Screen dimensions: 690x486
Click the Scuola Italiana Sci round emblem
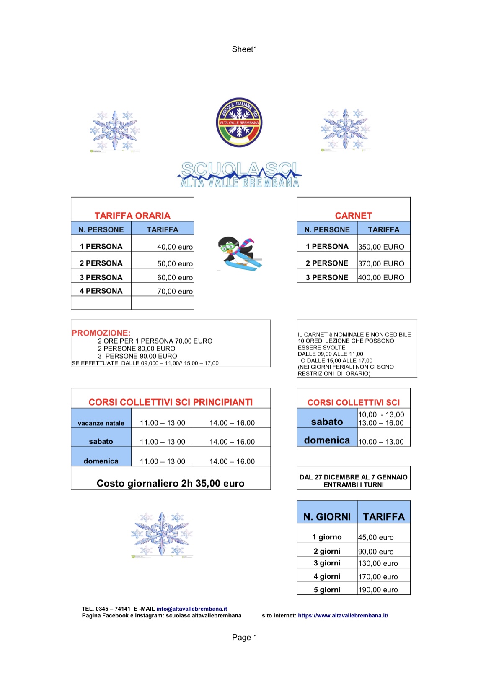[239, 122]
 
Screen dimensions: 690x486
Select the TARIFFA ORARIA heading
[132, 216]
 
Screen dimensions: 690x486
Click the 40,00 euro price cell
[175, 247]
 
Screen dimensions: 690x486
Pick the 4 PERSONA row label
[101, 291]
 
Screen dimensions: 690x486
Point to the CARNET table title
[353, 216]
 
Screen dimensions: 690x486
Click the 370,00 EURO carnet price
[381, 264]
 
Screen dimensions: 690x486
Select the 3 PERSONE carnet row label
[327, 278]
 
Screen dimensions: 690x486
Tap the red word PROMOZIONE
[101, 333]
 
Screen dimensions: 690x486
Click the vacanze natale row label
[101, 423]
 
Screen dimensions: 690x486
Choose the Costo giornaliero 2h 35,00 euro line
[171, 483]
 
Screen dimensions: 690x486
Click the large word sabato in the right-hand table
[327, 422]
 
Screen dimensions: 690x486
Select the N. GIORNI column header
[327, 517]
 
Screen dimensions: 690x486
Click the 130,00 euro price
[378, 563]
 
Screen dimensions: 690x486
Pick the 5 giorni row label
[327, 590]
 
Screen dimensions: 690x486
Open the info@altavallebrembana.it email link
[192, 609]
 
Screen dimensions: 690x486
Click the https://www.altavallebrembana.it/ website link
[343, 616]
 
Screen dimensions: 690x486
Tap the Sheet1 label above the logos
[245, 49]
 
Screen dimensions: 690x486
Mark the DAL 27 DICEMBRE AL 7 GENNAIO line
[353, 477]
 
